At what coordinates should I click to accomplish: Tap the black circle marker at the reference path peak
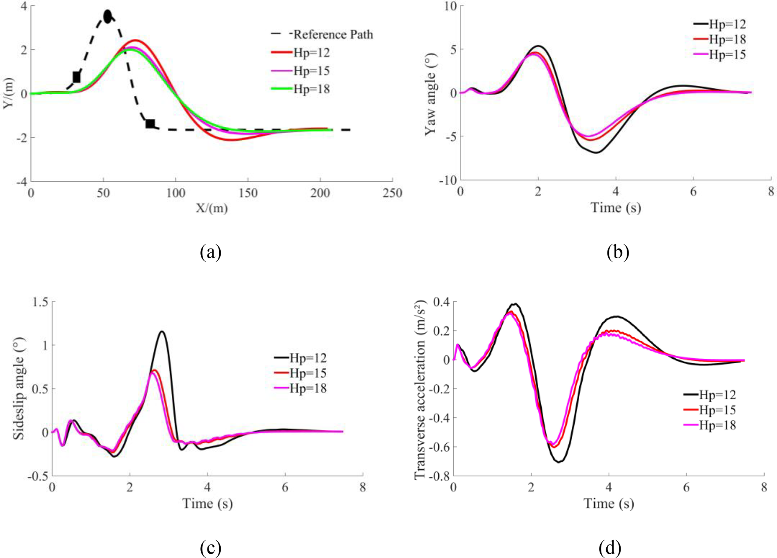[x=108, y=17]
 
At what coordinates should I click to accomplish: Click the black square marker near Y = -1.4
[x=150, y=123]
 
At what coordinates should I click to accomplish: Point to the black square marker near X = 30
[x=76, y=77]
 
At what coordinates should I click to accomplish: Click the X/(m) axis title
[x=212, y=208]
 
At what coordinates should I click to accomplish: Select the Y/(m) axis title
[x=8, y=93]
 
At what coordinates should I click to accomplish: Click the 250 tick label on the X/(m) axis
[x=392, y=193]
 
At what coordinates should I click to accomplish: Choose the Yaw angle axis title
[x=431, y=94]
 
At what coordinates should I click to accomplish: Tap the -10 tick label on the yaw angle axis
[x=447, y=180]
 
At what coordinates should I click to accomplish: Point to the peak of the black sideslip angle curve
[x=162, y=331]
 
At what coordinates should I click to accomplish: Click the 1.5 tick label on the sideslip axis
[x=40, y=302]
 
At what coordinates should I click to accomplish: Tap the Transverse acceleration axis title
[x=420, y=390]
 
